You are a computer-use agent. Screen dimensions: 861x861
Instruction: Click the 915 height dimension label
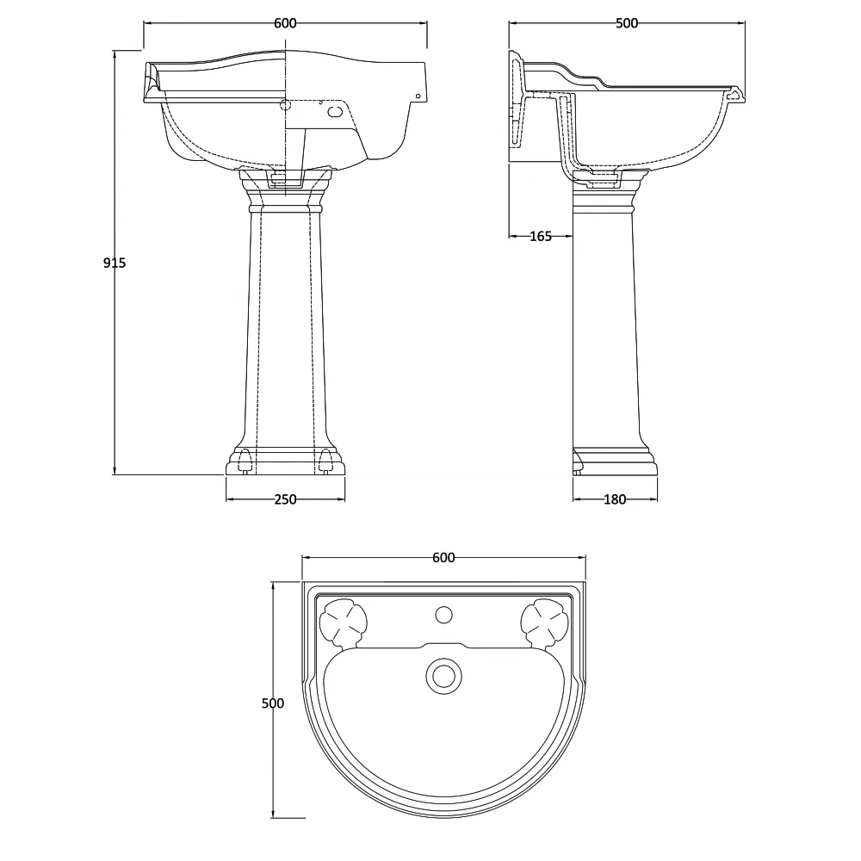pos(114,263)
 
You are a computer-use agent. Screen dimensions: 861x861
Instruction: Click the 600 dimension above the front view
pos(285,23)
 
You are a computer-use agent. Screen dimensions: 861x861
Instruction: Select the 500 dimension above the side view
pos(627,23)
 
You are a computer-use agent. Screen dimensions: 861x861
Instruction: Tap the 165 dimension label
pos(540,237)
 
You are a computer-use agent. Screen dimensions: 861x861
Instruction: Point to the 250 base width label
pos(285,499)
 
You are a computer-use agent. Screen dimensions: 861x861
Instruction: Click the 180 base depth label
pos(615,499)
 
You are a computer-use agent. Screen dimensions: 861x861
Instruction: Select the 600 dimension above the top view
pos(443,558)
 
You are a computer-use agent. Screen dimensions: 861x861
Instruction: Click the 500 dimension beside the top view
pos(272,703)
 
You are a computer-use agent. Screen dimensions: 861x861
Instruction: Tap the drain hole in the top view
pos(443,674)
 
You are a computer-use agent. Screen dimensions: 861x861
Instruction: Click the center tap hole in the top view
pos(443,615)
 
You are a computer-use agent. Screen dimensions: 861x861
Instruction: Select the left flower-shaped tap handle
pos(344,621)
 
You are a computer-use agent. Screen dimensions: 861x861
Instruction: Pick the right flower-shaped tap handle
pos(544,621)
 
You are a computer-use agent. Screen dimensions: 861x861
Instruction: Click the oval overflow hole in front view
pos(337,109)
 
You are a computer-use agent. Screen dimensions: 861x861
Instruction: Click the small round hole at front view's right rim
pos(418,96)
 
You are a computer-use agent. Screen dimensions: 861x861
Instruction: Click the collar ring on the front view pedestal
pos(285,208)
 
